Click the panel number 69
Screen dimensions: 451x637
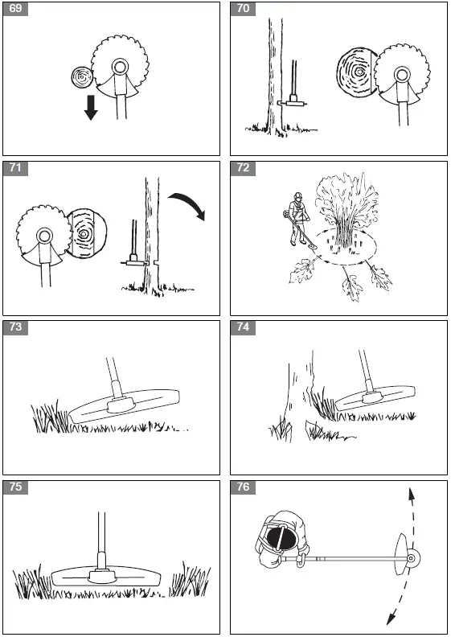(15, 9)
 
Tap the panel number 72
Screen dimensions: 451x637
(243, 168)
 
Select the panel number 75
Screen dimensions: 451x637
(15, 487)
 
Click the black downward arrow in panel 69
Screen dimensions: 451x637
(91, 107)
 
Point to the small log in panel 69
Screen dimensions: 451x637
(83, 76)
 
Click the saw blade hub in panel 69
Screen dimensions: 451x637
(119, 66)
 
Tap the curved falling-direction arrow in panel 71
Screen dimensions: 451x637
(187, 204)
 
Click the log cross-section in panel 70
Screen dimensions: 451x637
(357, 73)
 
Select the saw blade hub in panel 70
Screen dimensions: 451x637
(401, 74)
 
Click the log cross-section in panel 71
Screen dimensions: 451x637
(85, 234)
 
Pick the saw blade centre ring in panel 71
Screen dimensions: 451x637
(44, 235)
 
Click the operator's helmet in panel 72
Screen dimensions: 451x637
(299, 195)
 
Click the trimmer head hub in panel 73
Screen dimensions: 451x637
(121, 405)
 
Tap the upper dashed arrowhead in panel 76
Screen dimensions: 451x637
(412, 495)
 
